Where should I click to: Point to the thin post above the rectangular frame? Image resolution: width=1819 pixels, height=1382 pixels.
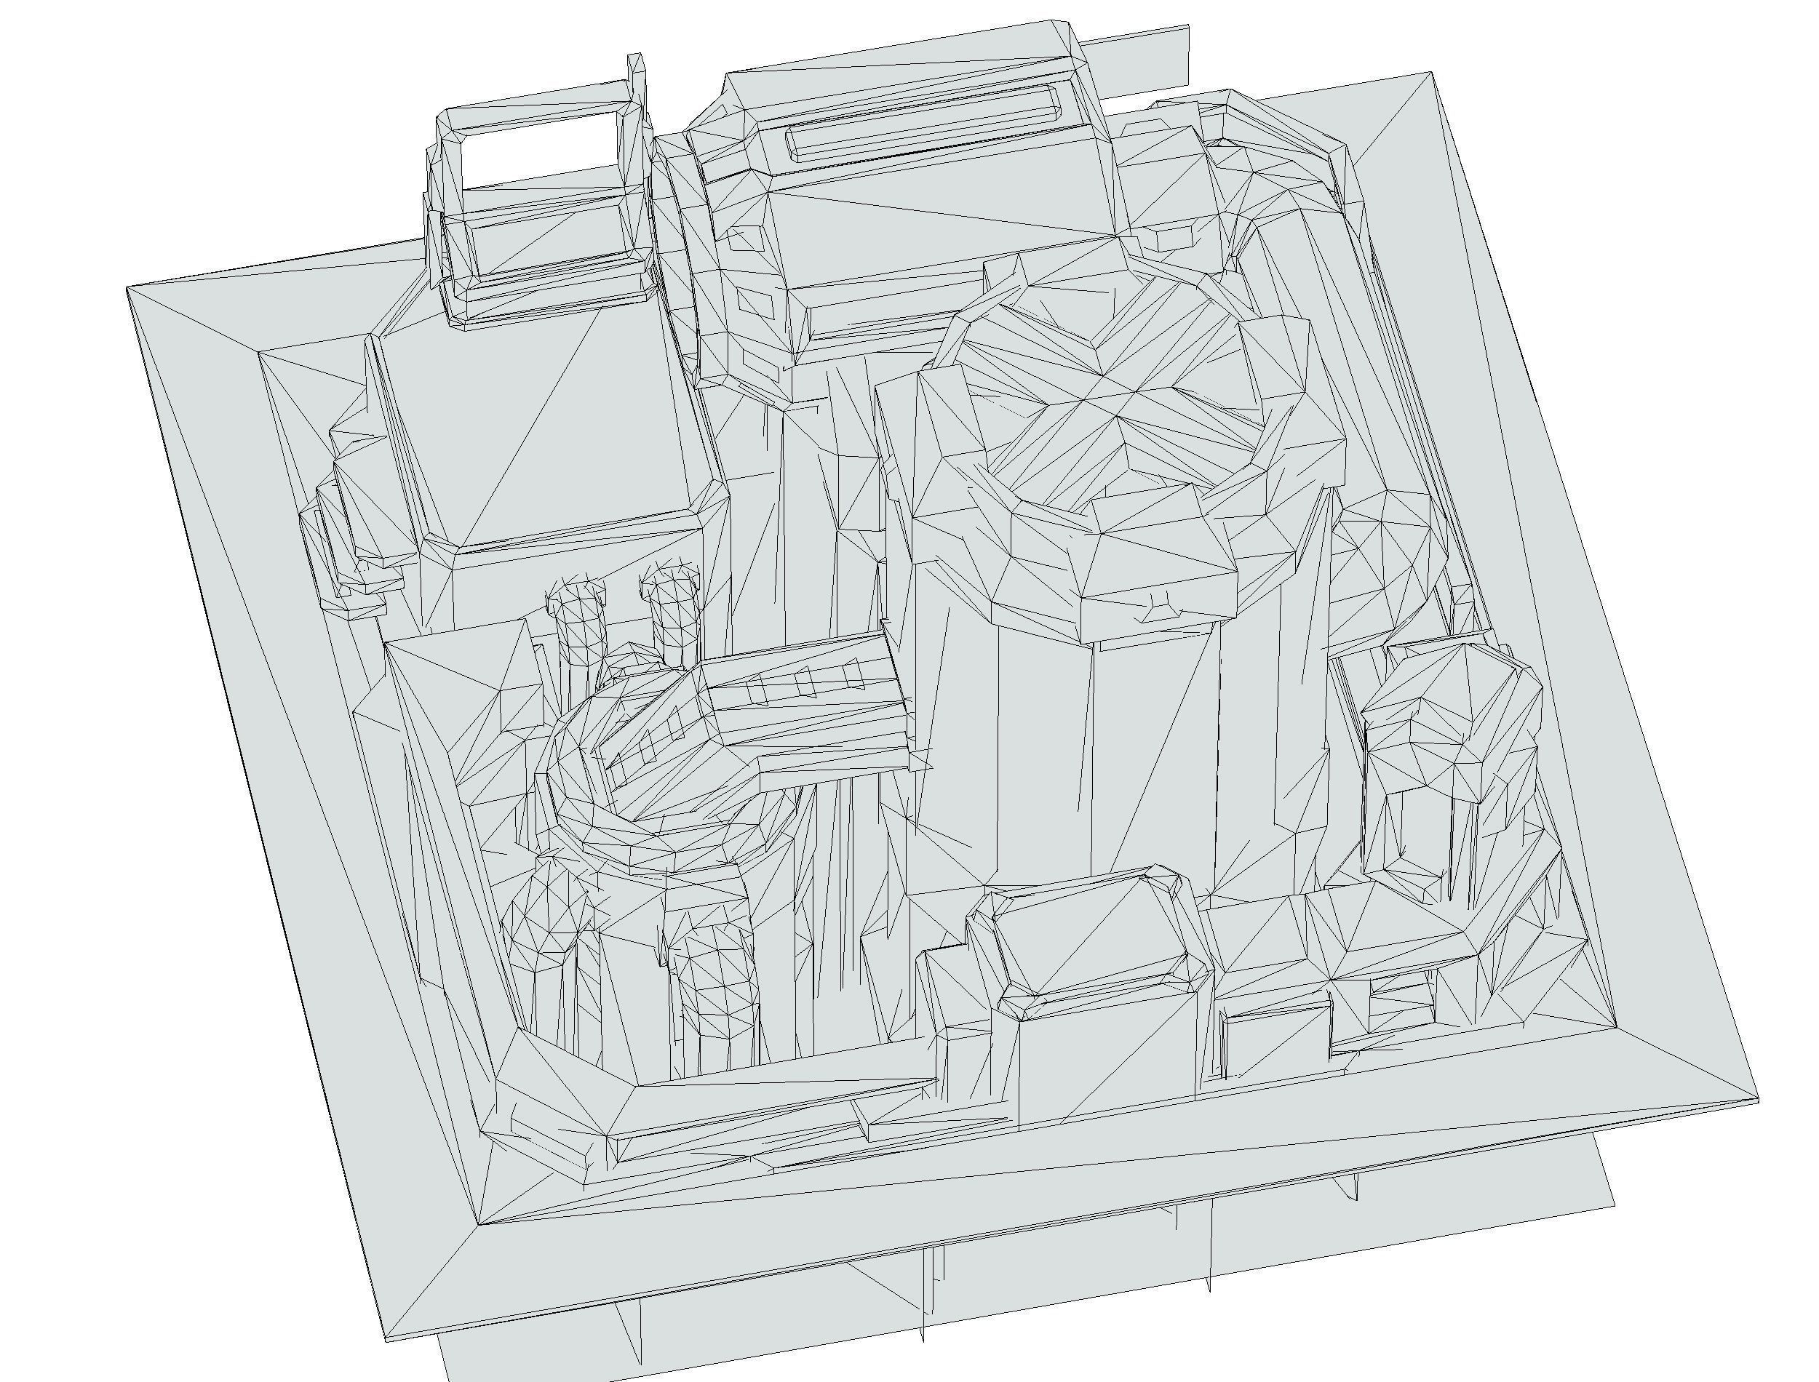click(634, 74)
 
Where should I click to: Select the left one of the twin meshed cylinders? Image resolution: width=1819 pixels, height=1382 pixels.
click(576, 626)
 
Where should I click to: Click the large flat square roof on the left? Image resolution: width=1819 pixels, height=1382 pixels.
click(543, 436)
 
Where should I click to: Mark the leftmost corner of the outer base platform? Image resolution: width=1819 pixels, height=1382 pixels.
click(127, 288)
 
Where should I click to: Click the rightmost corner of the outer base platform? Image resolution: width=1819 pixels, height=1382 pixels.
click(1759, 1100)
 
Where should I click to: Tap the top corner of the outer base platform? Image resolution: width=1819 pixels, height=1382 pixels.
click(1433, 73)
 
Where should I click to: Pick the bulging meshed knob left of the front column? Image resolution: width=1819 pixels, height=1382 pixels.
click(547, 913)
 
